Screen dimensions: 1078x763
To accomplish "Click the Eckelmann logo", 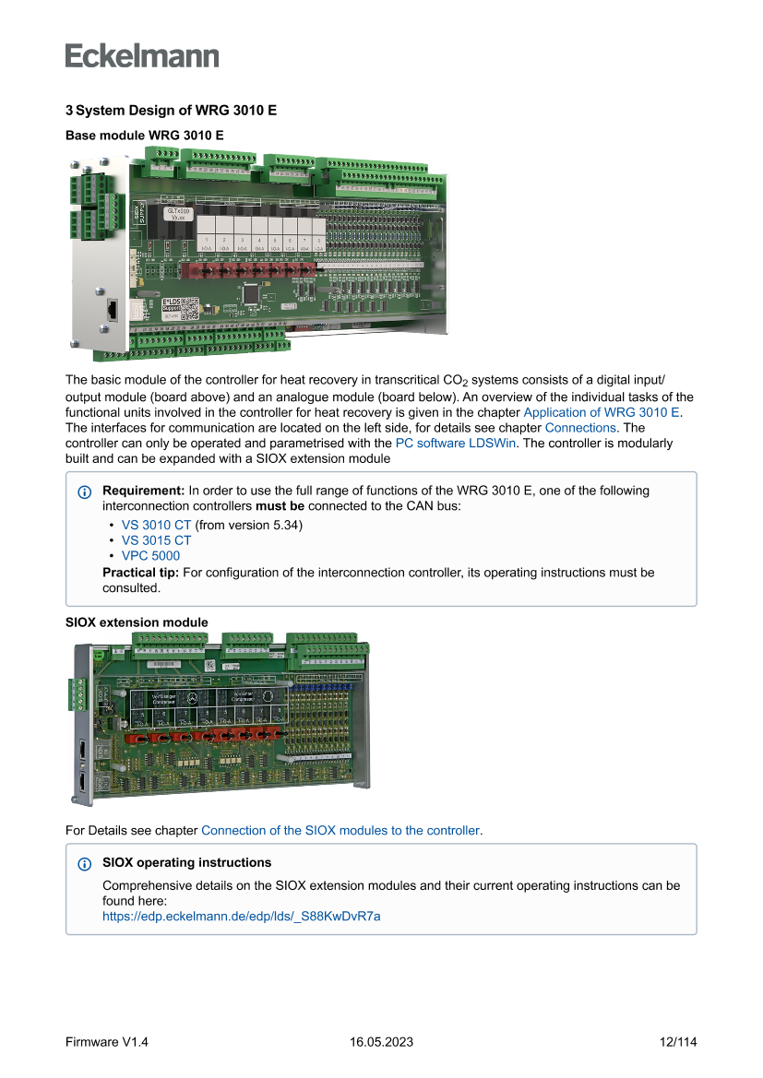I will [142, 55].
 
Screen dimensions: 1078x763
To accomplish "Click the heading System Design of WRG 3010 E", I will [171, 111].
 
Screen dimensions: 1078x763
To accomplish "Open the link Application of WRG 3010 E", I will [602, 412].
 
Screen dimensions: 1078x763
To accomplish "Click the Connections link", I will [579, 428].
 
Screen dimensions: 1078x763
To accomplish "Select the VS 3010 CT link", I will [156, 525].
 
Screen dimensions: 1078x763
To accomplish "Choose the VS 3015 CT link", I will [156, 540].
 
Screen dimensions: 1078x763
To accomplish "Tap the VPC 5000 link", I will [150, 556].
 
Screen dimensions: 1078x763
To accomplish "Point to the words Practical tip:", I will [141, 573].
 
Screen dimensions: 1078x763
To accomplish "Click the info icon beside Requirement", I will [85, 492].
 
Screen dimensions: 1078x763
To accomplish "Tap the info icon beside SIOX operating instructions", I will [85, 864].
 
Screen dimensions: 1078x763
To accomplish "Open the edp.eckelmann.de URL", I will [241, 917].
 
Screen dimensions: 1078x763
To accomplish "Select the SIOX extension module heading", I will [137, 622].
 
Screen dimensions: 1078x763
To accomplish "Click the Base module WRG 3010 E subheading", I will [145, 135].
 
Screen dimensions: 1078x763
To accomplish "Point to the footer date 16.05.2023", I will [381, 1042].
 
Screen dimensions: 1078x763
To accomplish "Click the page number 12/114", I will [678, 1042].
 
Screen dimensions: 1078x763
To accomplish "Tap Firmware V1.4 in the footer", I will [107, 1042].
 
